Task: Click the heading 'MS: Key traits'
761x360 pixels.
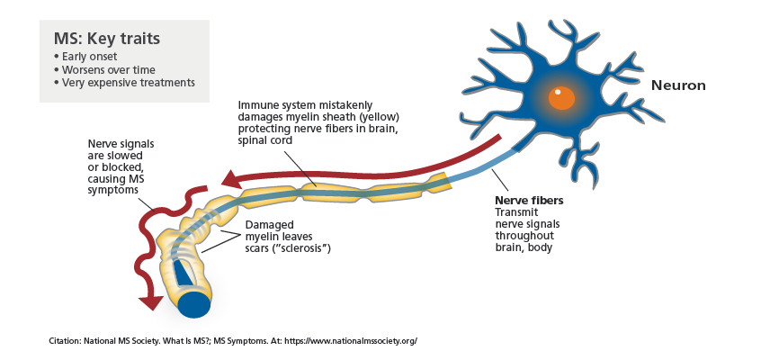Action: (x=107, y=39)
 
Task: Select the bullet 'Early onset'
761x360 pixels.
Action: (x=85, y=57)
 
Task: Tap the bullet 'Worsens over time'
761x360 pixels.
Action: (x=104, y=69)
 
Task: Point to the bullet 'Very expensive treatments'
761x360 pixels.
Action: (x=124, y=83)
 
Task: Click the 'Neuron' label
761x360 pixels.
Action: (x=678, y=86)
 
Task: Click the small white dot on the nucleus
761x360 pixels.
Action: (x=558, y=92)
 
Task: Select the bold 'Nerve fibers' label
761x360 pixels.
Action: (x=529, y=201)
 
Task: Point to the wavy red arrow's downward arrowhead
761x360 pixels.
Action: (x=150, y=302)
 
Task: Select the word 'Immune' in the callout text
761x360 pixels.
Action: (x=255, y=105)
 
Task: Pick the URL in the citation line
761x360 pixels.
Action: (x=351, y=341)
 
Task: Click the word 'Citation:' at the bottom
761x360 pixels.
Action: (x=66, y=341)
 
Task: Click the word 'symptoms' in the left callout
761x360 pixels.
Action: (x=112, y=191)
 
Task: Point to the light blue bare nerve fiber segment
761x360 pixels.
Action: (x=479, y=167)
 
